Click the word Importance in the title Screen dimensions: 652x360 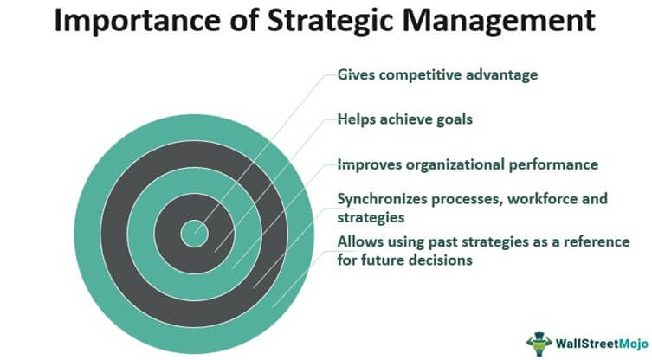[137, 21]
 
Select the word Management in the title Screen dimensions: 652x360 [499, 21]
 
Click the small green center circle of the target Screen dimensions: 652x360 [195, 234]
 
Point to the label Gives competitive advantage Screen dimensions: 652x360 [437, 74]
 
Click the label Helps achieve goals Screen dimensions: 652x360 [405, 119]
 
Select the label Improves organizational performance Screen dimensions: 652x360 [468, 164]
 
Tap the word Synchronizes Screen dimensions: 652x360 [382, 199]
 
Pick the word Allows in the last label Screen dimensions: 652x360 [360, 241]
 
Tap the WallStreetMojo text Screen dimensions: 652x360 [602, 344]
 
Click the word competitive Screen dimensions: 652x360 [420, 74]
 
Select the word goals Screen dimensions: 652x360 [455, 120]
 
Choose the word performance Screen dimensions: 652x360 [554, 165]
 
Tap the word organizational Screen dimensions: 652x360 [455, 165]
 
